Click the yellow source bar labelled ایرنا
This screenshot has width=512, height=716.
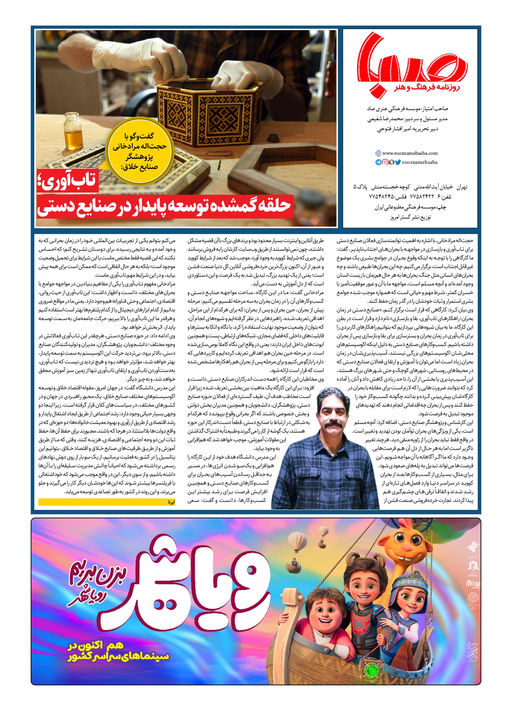click(107, 502)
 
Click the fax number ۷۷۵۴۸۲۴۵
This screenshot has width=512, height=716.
click(381, 197)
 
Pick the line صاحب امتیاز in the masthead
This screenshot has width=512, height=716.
click(407, 109)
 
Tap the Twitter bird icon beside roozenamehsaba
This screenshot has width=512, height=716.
click(398, 162)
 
